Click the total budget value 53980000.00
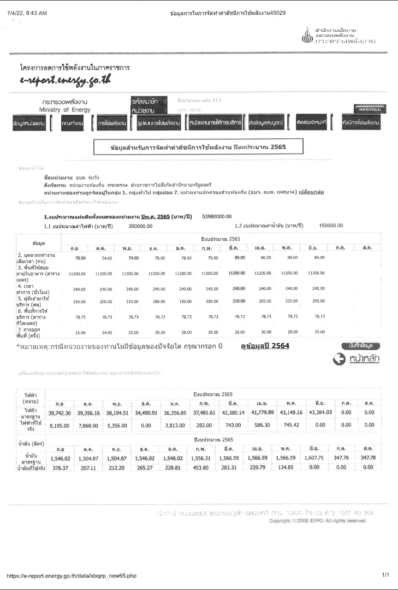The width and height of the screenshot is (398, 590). (217, 216)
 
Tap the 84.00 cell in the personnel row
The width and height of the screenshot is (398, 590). (319, 257)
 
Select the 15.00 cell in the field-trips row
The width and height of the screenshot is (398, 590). (81, 333)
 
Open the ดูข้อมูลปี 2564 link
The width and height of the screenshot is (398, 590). (265, 346)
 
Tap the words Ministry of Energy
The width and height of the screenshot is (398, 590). (64, 110)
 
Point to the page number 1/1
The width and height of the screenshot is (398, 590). (386, 575)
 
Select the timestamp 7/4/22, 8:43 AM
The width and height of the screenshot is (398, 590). (27, 13)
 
